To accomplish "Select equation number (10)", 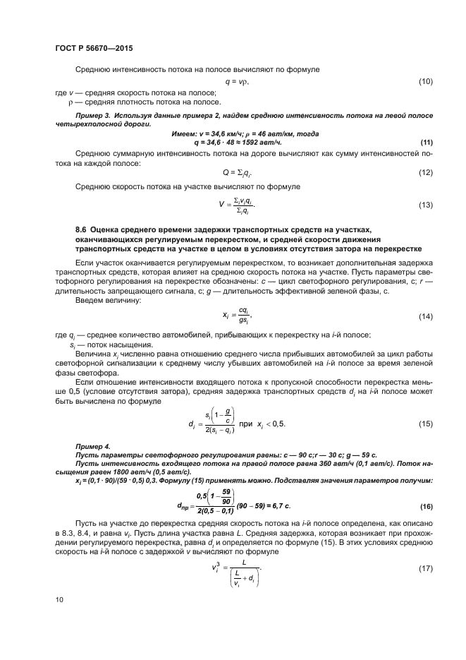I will click(425, 82).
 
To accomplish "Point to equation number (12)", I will click(425, 173).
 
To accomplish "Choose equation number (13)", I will click(425, 205).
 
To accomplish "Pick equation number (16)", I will click(425, 507).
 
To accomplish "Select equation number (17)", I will click(425, 568).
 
